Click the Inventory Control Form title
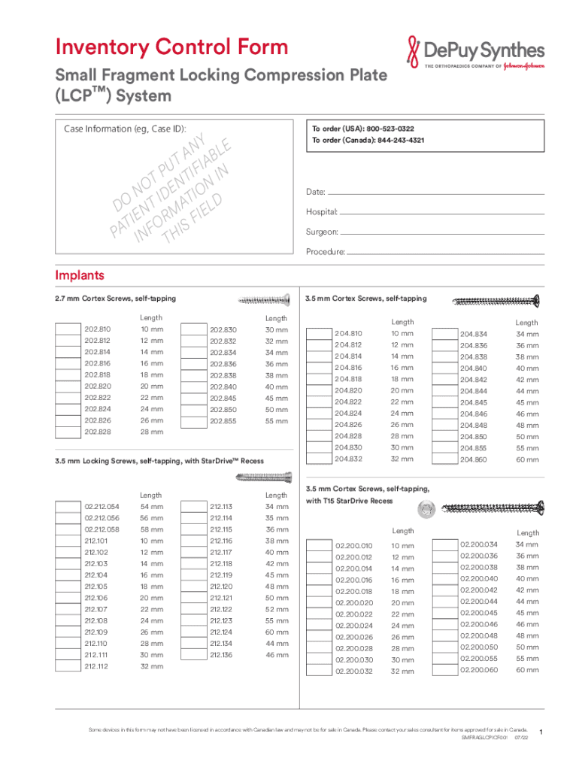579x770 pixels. [x=171, y=47]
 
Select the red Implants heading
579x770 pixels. [x=79, y=275]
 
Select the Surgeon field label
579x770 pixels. [x=321, y=232]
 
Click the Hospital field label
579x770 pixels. [x=321, y=213]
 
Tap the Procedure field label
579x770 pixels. [x=325, y=252]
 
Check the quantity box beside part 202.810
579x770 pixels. [x=68, y=329]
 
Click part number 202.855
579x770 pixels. [x=223, y=422]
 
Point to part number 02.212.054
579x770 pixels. [x=102, y=507]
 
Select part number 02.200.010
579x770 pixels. [x=353, y=546]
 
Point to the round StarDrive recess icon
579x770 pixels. [x=426, y=508]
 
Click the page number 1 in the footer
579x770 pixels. [x=541, y=732]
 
